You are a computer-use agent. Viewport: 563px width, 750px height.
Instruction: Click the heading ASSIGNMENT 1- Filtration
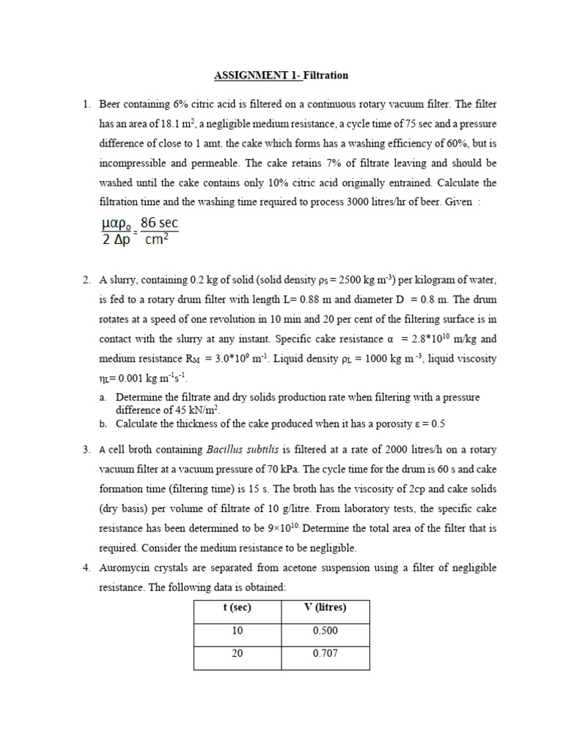click(281, 75)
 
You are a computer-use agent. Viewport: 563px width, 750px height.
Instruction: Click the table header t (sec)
click(238, 608)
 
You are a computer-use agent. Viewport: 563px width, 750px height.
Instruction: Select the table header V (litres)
click(325, 608)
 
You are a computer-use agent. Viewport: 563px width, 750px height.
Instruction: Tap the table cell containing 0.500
click(325, 631)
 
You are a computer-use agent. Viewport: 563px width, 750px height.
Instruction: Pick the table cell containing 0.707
click(325, 653)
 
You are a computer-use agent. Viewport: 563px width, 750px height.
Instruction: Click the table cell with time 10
click(238, 631)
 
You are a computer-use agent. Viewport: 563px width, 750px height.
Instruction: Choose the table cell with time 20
click(238, 653)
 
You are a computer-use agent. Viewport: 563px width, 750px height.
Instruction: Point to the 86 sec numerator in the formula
click(159, 223)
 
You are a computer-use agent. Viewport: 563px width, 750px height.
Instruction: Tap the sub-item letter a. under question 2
click(103, 397)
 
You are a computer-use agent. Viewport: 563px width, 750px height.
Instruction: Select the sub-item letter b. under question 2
click(103, 424)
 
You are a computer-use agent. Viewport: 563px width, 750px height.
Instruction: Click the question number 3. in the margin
click(86, 449)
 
